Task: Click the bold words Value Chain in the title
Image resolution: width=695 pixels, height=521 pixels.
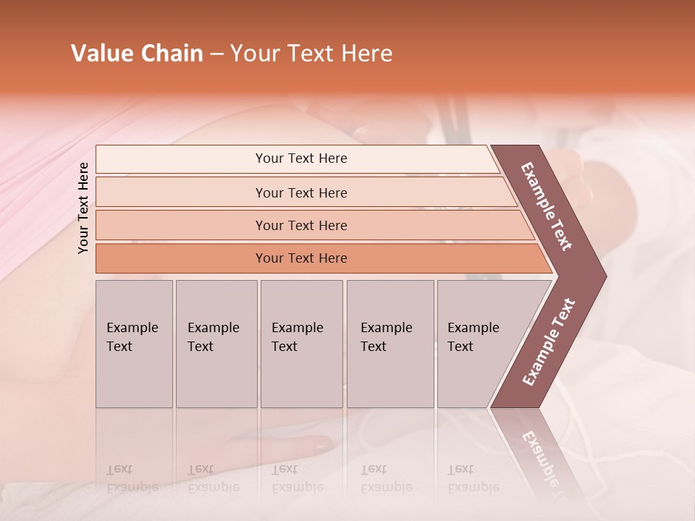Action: [137, 54]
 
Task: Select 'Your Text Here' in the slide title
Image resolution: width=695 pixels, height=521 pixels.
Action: [311, 54]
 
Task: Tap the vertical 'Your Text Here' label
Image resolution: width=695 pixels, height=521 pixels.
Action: [83, 208]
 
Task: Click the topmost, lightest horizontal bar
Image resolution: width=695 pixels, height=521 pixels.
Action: [301, 158]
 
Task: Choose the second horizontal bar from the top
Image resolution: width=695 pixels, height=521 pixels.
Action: [301, 192]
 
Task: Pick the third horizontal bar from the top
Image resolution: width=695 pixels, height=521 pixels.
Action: [301, 225]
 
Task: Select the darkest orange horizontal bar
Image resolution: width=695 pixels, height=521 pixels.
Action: [301, 258]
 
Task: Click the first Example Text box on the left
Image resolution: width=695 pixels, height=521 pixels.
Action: [134, 344]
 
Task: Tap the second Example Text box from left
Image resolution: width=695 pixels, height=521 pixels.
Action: [216, 344]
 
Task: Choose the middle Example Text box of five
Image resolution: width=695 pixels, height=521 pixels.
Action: [301, 344]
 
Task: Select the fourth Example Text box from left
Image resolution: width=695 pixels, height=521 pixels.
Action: [389, 344]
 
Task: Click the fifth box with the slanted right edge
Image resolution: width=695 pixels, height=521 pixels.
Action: [478, 344]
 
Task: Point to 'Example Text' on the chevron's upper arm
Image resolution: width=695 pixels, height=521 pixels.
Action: [547, 206]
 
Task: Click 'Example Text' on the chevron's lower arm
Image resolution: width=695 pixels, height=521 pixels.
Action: [549, 342]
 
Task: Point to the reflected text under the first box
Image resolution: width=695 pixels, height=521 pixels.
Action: [132, 478]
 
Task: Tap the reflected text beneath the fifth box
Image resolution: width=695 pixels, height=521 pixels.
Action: [473, 478]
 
